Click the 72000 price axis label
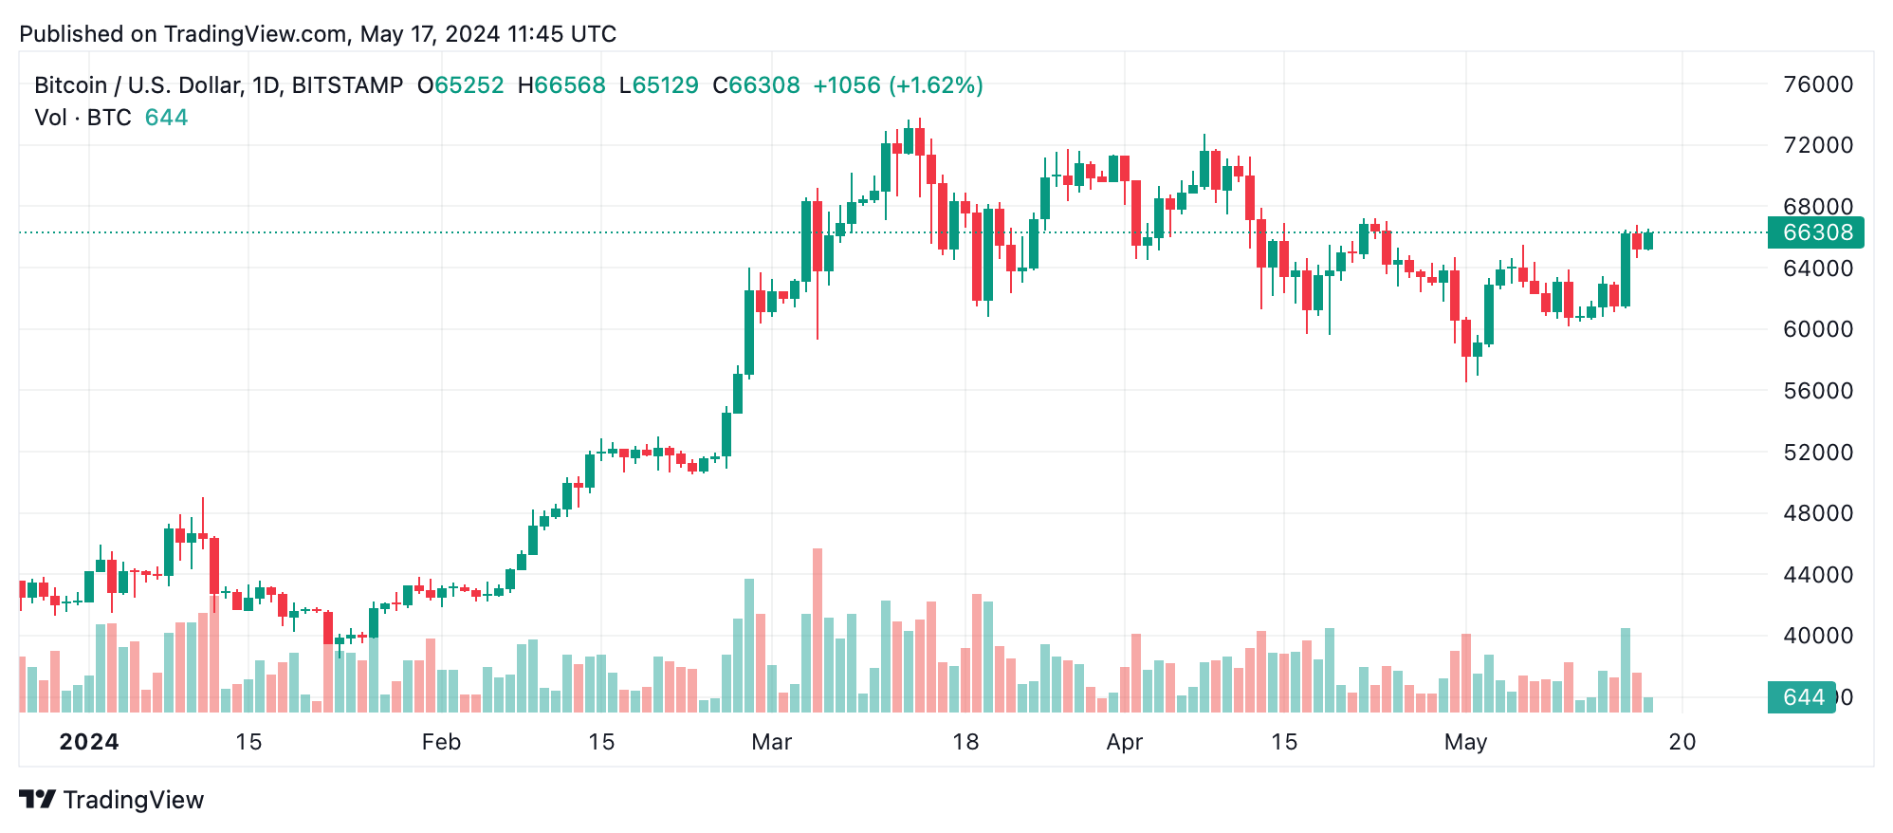[1817, 145]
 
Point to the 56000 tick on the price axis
[1817, 391]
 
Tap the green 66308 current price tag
[1815, 232]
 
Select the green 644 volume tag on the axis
[1801, 697]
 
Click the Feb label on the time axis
[441, 742]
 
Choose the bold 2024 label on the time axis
[89, 742]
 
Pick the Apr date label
[1124, 742]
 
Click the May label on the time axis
[1465, 742]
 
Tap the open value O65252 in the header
[461, 85]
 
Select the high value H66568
[561, 85]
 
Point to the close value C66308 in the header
[756, 85]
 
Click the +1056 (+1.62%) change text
[897, 85]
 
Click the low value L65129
[658, 85]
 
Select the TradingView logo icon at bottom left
[38, 800]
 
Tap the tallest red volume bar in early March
[818, 631]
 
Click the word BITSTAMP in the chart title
[347, 85]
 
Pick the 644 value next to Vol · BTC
[166, 118]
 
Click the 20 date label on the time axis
[1682, 742]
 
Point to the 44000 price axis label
[1817, 575]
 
